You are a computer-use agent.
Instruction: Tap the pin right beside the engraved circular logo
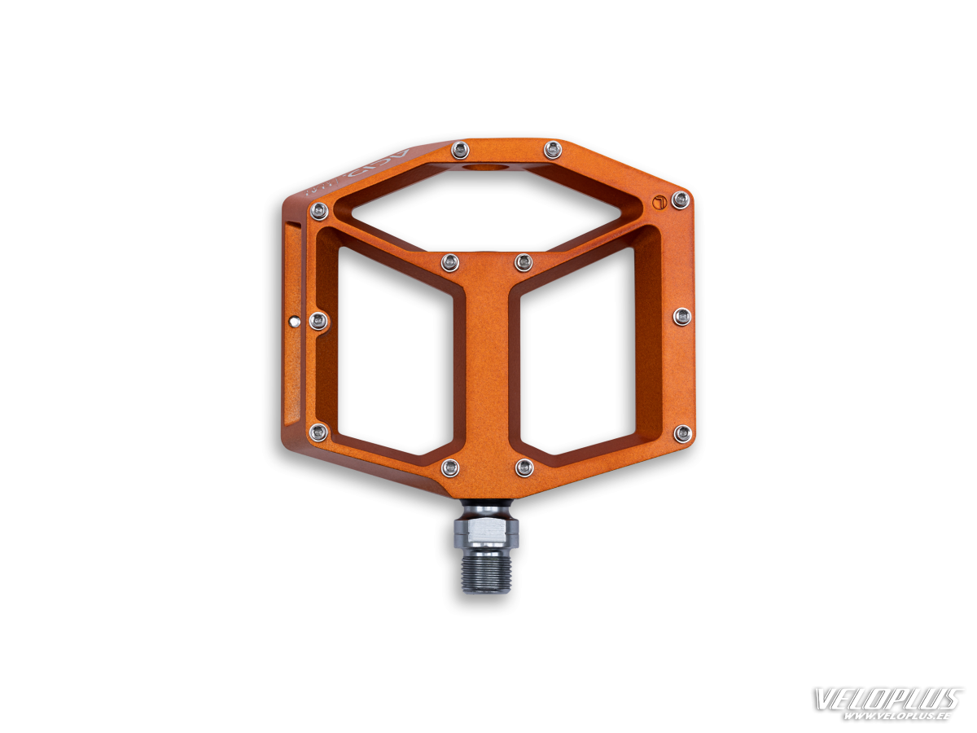[680, 200]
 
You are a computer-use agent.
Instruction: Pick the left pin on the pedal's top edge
[460, 148]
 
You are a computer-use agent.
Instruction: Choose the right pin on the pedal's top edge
[553, 149]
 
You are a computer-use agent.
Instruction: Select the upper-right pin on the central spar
[524, 262]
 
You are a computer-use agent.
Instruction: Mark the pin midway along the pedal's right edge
[682, 316]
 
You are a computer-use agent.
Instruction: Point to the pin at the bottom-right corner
[683, 432]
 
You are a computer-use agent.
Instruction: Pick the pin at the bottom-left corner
[319, 432]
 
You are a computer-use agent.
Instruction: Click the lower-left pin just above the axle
[449, 467]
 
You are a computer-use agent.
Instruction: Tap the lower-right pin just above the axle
[524, 467]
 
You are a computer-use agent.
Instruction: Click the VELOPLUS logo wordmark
[890, 700]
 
